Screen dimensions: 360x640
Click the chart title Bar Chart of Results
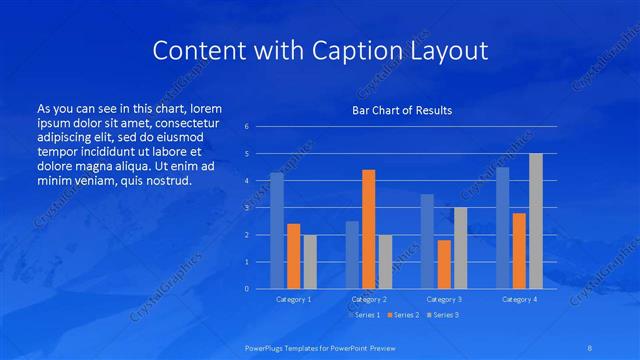[401, 110]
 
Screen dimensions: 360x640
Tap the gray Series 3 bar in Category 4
[535, 221]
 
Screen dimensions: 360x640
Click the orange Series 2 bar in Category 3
[443, 264]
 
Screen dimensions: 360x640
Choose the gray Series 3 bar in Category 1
[310, 261]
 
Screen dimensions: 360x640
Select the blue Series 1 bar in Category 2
[352, 254]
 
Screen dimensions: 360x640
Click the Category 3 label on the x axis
[443, 299]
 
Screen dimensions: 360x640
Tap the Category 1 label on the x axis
[293, 299]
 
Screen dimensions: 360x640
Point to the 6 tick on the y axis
[247, 127]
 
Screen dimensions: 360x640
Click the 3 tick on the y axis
[247, 208]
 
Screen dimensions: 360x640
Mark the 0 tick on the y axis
[247, 289]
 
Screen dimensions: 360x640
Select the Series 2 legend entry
[403, 315]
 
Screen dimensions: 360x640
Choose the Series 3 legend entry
[444, 315]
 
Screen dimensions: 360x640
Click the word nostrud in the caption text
[167, 180]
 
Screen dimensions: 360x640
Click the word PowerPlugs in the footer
[266, 348]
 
